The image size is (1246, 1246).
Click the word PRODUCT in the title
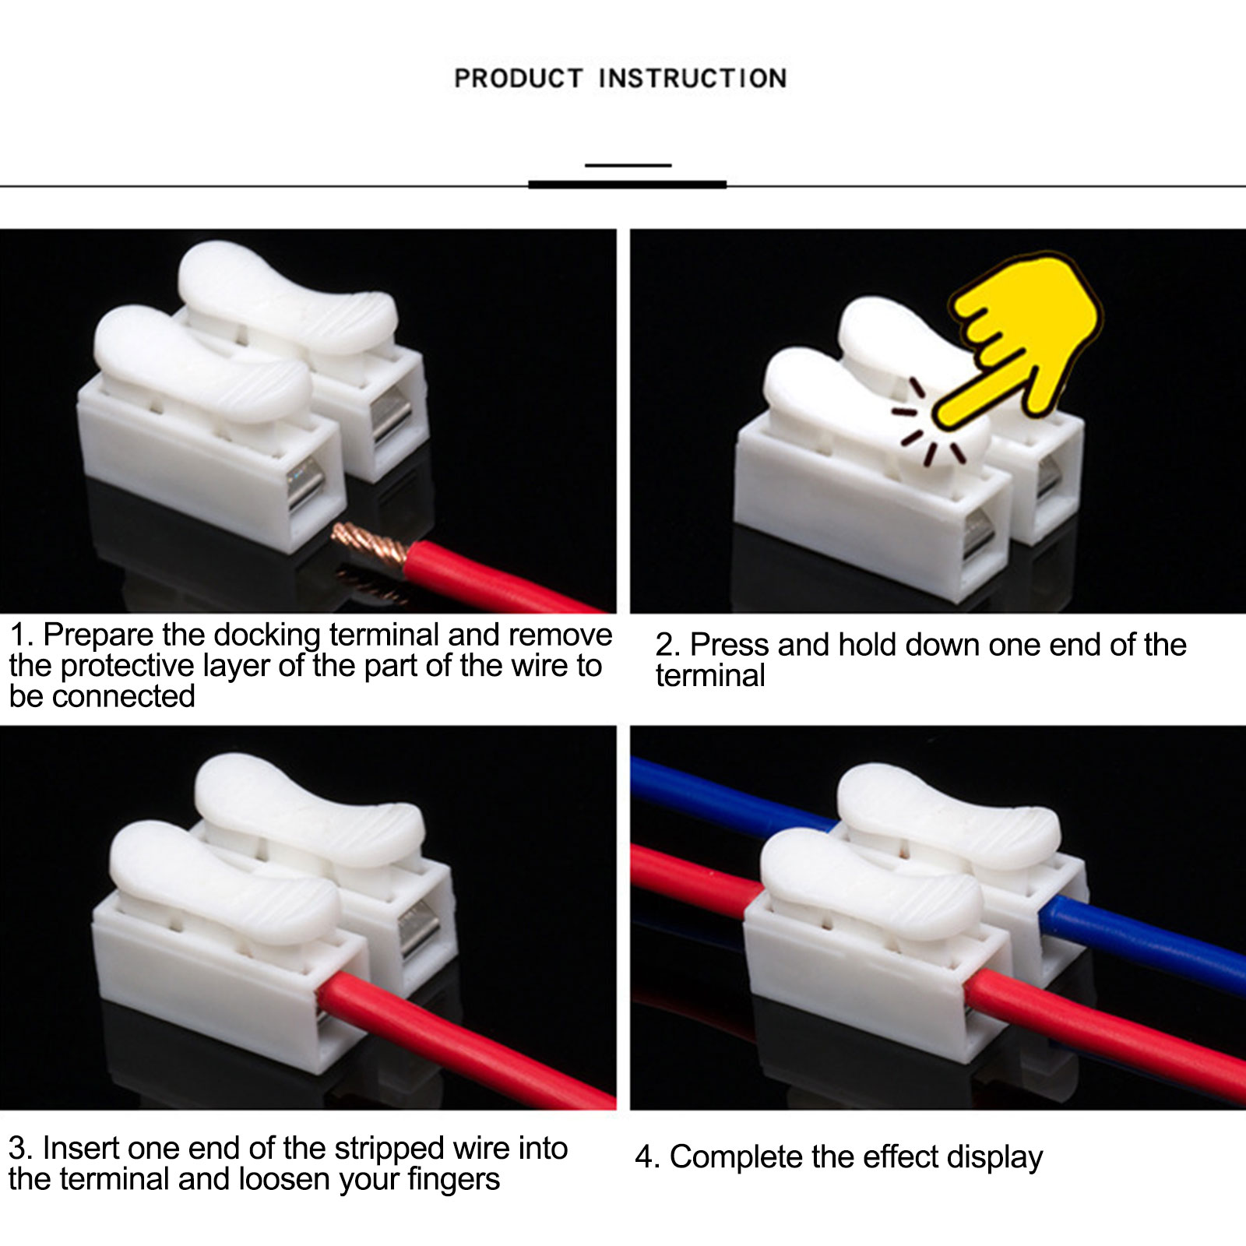[x=519, y=79]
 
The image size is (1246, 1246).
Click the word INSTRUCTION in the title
[x=692, y=79]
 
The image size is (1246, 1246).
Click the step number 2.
[x=668, y=646]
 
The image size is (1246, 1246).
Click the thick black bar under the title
[x=628, y=185]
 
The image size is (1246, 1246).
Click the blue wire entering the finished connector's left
[x=732, y=793]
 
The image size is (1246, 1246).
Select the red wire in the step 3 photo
[x=467, y=1040]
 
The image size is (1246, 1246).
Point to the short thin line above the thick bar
[x=628, y=165]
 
